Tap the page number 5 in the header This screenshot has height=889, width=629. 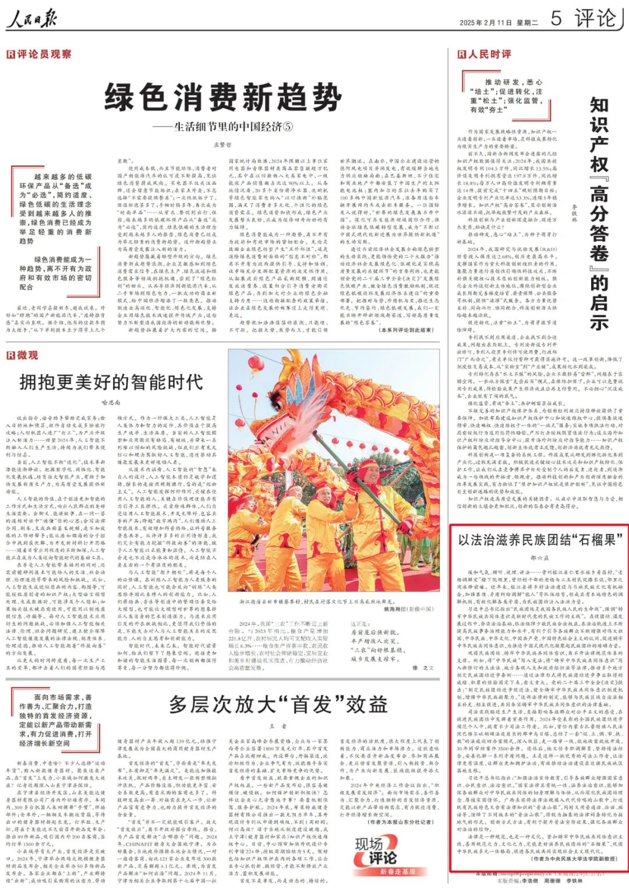556,19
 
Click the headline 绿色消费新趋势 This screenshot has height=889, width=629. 222,96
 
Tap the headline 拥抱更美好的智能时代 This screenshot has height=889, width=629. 111,382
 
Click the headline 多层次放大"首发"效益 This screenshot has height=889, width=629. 278,704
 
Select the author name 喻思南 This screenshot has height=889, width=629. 111,402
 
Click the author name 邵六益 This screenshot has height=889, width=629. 539,557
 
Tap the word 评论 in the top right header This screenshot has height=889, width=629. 595,19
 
